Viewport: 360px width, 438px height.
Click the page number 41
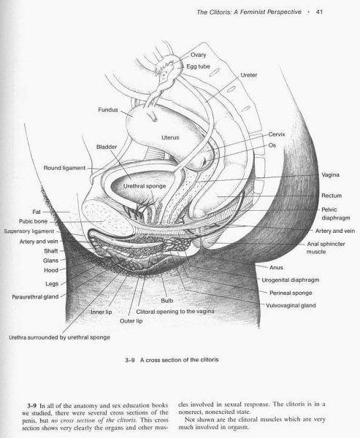click(x=319, y=12)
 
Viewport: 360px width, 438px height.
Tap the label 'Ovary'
click(x=198, y=55)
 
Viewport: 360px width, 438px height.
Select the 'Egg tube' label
click(x=198, y=66)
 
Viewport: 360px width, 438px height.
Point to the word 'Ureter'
click(x=249, y=75)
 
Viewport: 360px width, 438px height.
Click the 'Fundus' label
click(x=108, y=109)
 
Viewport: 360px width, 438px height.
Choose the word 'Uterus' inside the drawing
click(x=170, y=137)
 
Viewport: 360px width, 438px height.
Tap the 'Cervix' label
click(x=277, y=134)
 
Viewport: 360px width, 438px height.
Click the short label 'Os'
click(x=272, y=145)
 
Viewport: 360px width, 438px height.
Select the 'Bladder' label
click(x=107, y=147)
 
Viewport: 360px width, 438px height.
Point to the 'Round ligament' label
click(x=64, y=168)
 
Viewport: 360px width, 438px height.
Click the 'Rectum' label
click(x=332, y=196)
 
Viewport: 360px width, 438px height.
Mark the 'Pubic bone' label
click(x=34, y=221)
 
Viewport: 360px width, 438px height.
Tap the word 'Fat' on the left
click(x=37, y=212)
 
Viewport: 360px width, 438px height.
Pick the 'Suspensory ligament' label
click(x=29, y=231)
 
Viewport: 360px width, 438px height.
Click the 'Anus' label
click(x=276, y=267)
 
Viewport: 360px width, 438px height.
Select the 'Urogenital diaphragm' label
click(x=291, y=280)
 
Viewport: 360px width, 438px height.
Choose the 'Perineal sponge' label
click(x=291, y=293)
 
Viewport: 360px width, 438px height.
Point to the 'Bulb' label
click(x=167, y=301)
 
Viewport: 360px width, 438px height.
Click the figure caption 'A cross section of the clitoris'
click(x=179, y=360)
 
